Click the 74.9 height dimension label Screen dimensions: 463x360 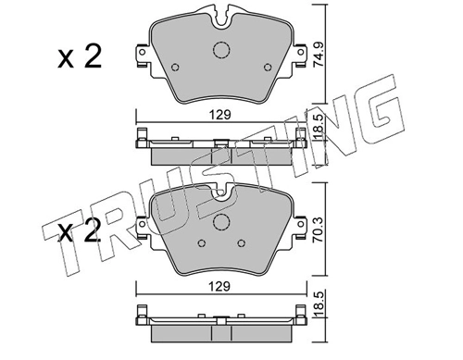click(318, 55)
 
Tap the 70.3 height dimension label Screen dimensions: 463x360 click(318, 230)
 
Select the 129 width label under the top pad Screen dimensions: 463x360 click(220, 115)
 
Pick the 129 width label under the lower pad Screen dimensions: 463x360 click(219, 287)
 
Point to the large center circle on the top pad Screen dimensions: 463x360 click(221, 49)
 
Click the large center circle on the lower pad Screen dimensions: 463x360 click(221, 222)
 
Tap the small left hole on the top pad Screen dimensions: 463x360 click(175, 67)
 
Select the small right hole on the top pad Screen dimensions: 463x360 click(268, 67)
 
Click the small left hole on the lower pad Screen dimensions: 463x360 click(201, 243)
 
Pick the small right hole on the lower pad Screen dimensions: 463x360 click(242, 243)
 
